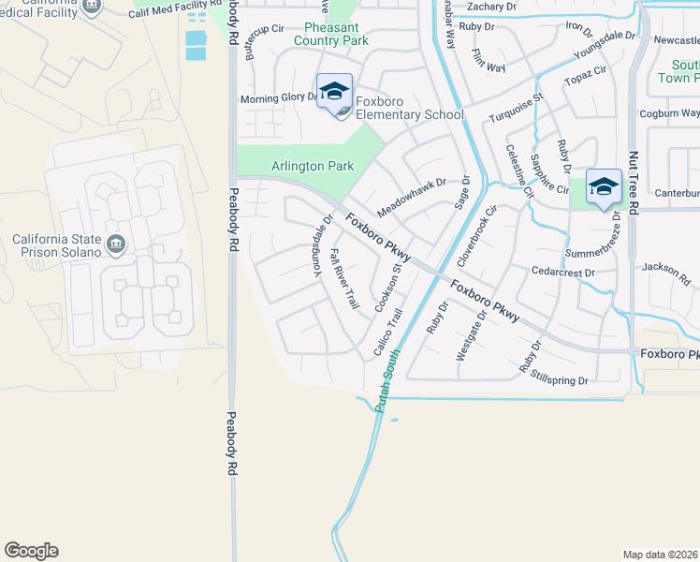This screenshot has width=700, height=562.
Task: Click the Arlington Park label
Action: (x=313, y=166)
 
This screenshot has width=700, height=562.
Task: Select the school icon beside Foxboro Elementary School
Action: (x=334, y=93)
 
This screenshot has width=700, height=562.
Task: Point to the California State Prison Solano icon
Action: (x=116, y=244)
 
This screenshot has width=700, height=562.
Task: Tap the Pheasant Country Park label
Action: (x=331, y=34)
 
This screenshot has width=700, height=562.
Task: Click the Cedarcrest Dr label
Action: (x=563, y=273)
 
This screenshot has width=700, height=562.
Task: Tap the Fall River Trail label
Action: (x=345, y=280)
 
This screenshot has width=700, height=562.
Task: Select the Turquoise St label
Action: (x=516, y=110)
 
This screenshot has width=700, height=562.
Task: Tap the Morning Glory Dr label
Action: (x=280, y=98)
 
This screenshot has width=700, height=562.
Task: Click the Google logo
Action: (x=31, y=551)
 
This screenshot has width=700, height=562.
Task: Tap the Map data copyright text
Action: (x=661, y=555)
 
